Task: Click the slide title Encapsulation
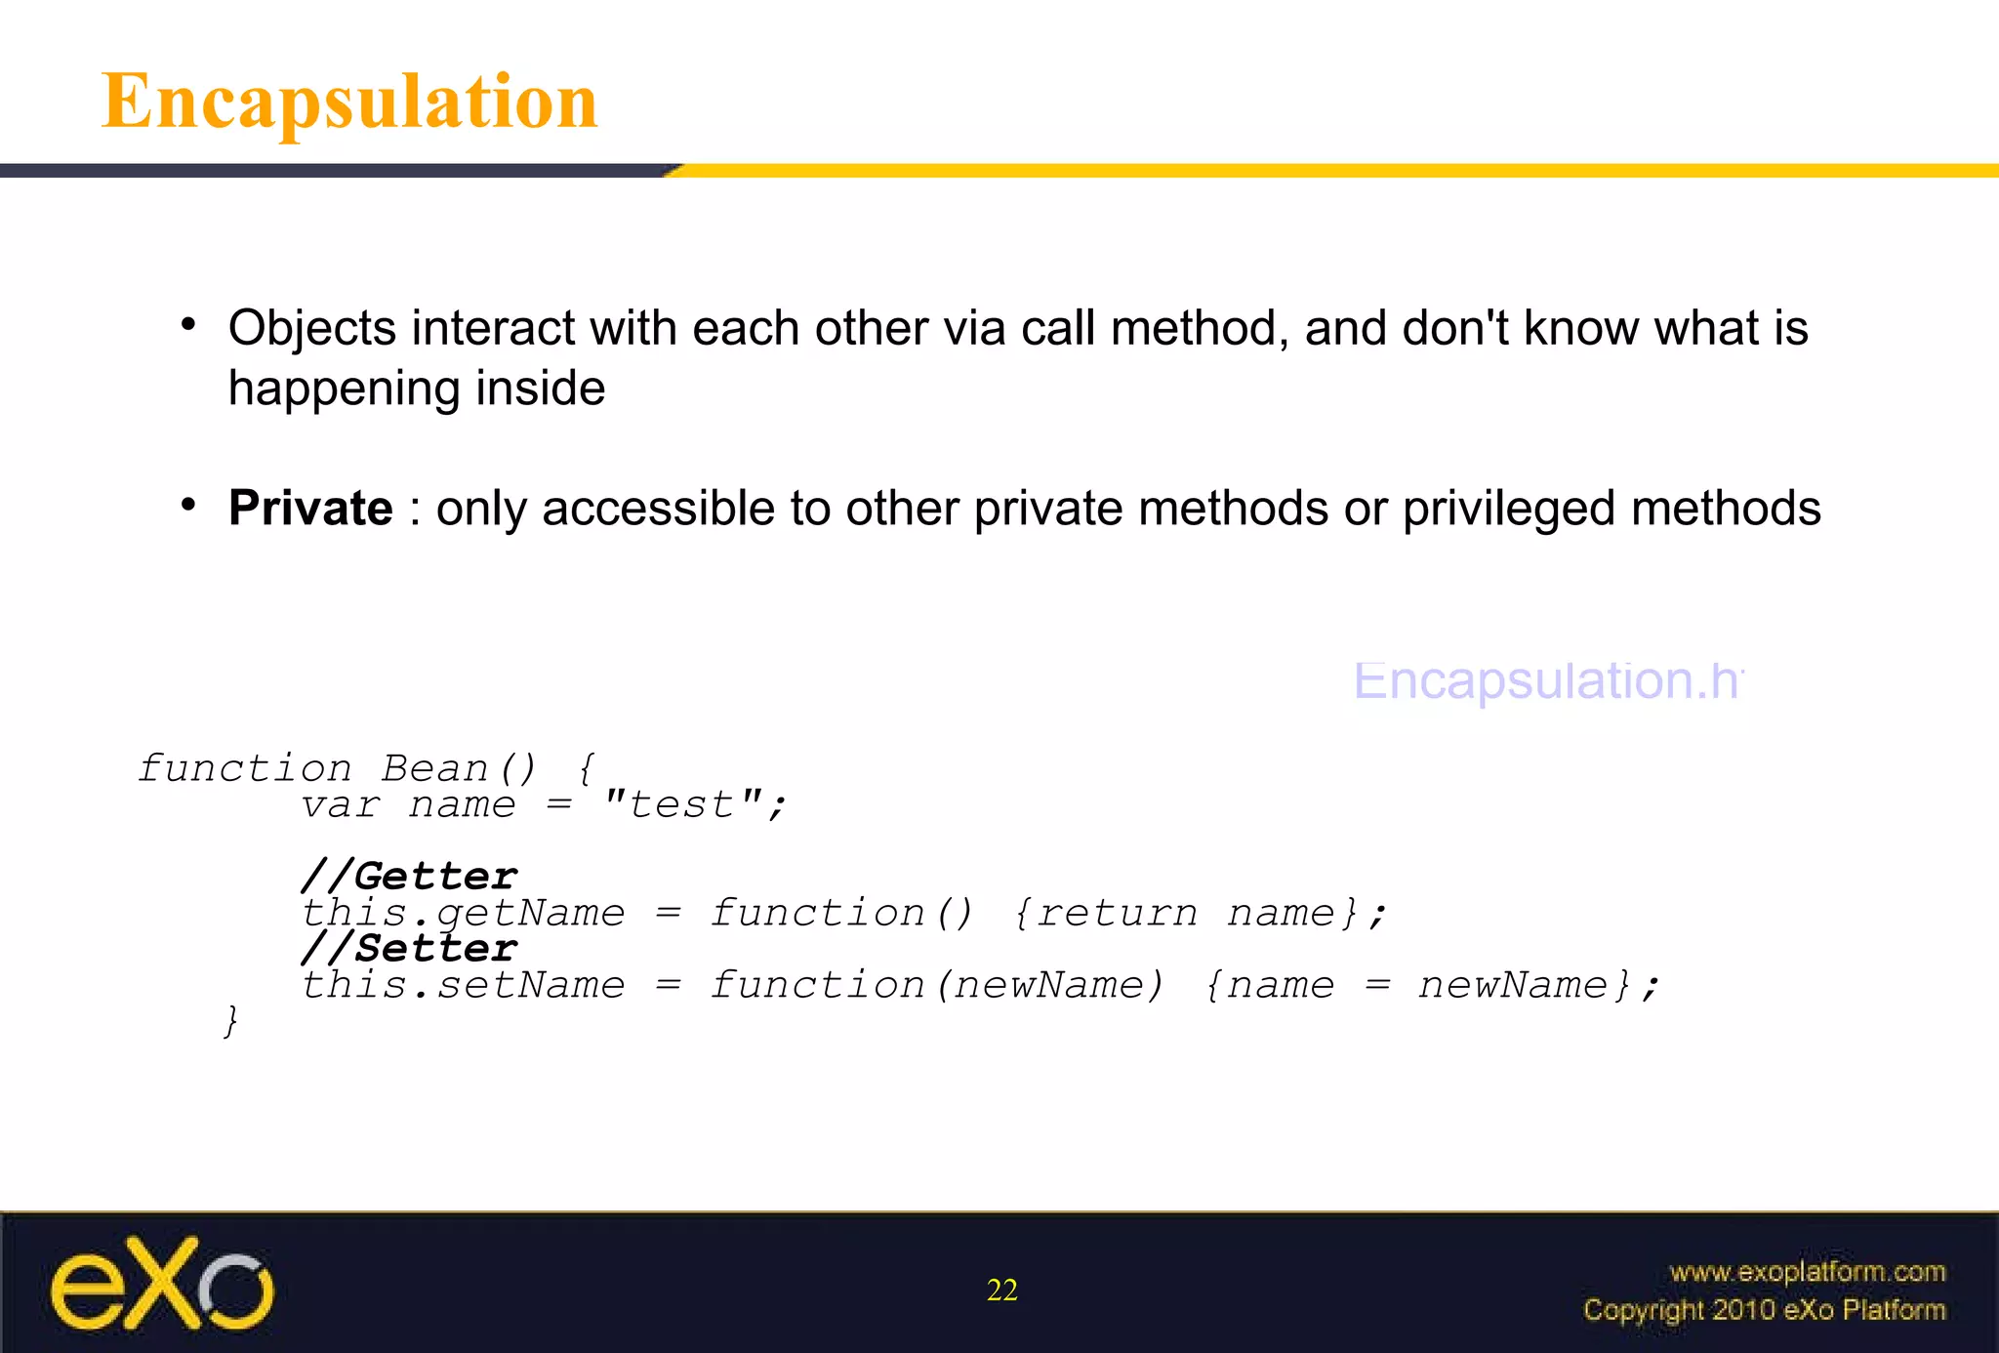[x=349, y=102]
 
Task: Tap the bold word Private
[x=310, y=509]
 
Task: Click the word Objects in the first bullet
[x=312, y=329]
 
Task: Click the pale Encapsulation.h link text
[x=1547, y=680]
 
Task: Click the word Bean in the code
[x=435, y=769]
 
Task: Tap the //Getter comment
[x=409, y=876]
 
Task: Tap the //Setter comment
[x=409, y=948]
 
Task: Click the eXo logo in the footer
[x=162, y=1284]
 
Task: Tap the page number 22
[x=1001, y=1291]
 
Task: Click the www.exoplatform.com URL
[x=1807, y=1272]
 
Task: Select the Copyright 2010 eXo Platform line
[x=1764, y=1310]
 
